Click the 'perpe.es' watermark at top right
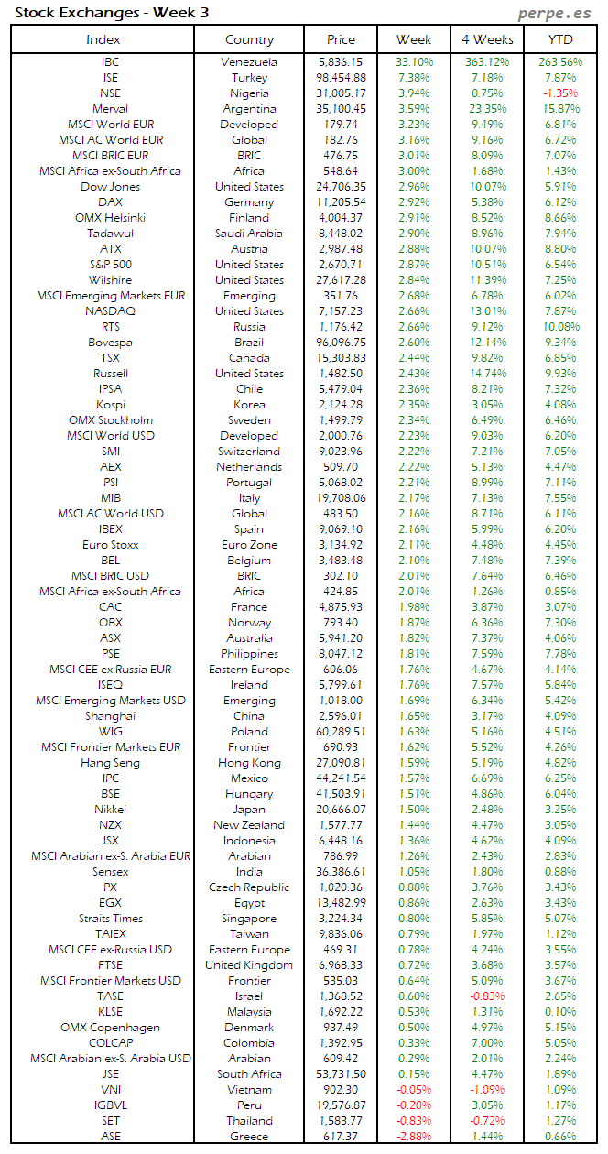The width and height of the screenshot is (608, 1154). click(x=555, y=13)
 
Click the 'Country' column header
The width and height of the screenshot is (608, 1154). click(x=249, y=39)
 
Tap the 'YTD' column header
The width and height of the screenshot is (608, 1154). click(x=560, y=39)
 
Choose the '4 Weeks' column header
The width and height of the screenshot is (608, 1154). click(x=488, y=39)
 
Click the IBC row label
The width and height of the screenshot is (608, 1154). click(x=110, y=62)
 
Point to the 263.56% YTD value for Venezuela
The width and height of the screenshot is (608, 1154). click(x=560, y=62)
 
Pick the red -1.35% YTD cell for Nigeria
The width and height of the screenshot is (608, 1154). click(x=560, y=93)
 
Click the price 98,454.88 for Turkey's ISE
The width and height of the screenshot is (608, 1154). click(x=342, y=78)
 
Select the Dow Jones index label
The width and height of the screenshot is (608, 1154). click(x=110, y=187)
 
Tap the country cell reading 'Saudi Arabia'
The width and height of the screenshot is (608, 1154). click(x=249, y=234)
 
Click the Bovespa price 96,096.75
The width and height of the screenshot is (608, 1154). click(x=342, y=343)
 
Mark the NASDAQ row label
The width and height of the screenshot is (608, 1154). click(x=110, y=311)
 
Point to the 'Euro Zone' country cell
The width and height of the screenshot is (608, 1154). click(x=249, y=545)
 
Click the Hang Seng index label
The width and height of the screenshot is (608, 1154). click(x=110, y=763)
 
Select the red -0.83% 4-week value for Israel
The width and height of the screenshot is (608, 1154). click(x=488, y=996)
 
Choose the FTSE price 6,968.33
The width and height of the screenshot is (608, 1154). click(x=342, y=965)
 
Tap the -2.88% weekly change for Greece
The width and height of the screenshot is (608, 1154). click(x=415, y=1137)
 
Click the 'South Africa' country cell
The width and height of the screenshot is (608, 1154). click(x=249, y=1074)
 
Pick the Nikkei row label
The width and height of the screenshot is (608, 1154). click(x=110, y=810)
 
